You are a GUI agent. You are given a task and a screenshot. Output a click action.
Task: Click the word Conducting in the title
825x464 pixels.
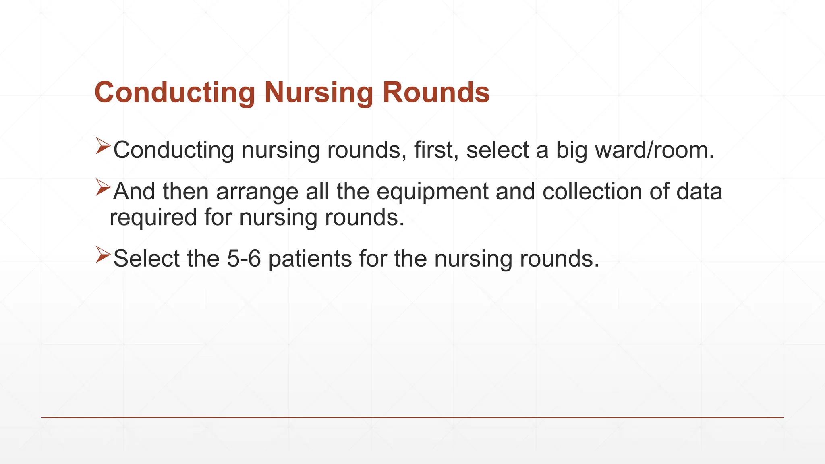coord(174,93)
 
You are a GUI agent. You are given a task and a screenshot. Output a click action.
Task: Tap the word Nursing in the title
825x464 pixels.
coord(319,93)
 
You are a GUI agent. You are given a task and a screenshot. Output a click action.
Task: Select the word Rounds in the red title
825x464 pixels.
coord(436,93)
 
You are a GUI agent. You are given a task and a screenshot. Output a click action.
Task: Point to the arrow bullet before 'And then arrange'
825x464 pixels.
coord(103,188)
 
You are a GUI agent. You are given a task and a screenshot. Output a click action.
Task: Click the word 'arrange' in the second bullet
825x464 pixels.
coord(257,192)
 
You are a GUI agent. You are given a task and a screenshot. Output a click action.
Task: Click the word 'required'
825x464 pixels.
coord(153,217)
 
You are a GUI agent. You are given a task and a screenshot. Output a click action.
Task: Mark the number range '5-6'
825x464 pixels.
coord(244,258)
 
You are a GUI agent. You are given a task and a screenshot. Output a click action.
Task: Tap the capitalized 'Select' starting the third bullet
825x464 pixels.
coord(146,258)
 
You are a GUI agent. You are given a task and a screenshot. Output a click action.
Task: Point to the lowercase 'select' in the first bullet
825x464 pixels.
coord(497,150)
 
